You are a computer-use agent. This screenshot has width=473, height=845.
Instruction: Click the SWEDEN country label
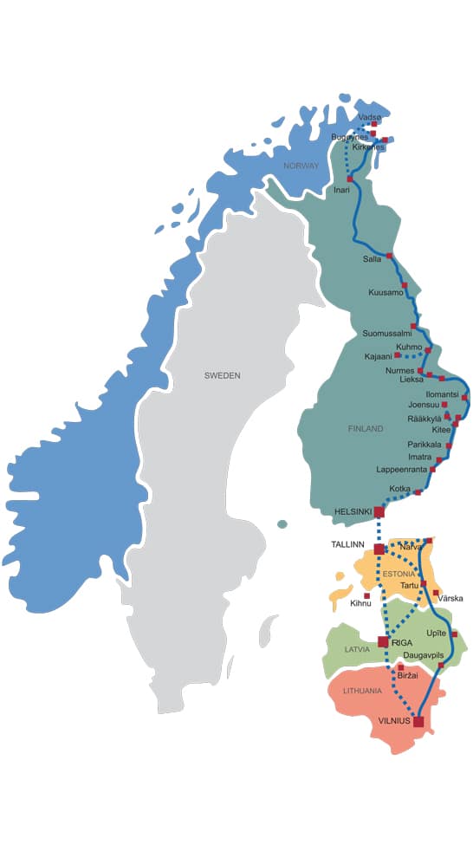(x=222, y=375)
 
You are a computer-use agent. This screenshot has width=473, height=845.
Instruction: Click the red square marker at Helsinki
(x=379, y=512)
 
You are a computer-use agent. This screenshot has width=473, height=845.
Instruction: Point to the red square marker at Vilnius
(x=418, y=721)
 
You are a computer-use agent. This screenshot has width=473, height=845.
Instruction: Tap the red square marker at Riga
(x=383, y=641)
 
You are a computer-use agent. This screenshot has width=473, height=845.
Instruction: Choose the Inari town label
(x=342, y=190)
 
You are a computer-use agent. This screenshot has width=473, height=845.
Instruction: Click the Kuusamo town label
(x=386, y=293)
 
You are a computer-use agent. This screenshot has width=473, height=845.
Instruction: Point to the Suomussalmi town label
(x=386, y=334)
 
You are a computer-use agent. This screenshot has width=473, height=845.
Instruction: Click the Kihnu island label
(x=360, y=603)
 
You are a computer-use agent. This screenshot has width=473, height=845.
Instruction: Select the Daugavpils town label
(x=424, y=655)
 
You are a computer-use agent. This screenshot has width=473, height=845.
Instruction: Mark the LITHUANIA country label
(x=363, y=691)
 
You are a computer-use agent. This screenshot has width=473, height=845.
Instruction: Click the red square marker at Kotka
(x=418, y=492)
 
